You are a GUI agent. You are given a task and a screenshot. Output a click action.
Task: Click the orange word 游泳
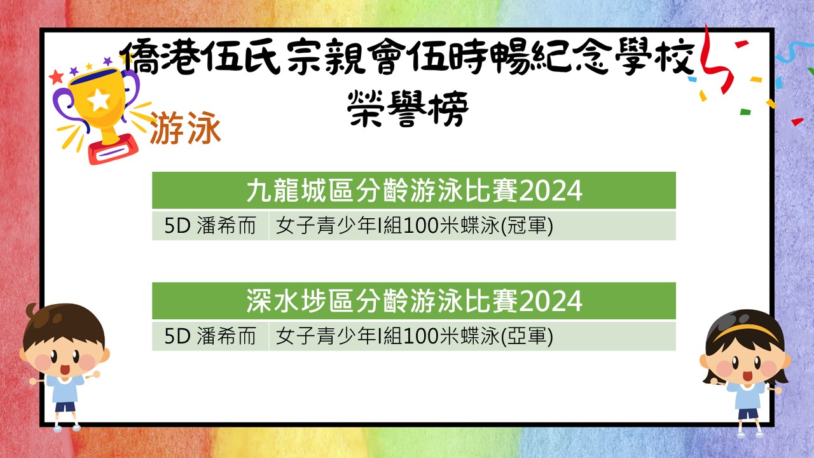(x=185, y=128)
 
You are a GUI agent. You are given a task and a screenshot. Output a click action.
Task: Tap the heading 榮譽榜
(x=408, y=109)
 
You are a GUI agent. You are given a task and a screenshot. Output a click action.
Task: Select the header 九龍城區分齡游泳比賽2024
(x=414, y=190)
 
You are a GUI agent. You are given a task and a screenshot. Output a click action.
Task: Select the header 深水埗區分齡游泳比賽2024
(x=414, y=301)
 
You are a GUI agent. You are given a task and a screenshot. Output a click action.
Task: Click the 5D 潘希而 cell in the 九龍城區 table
(x=210, y=226)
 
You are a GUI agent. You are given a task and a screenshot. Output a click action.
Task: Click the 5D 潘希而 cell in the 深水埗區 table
(x=210, y=337)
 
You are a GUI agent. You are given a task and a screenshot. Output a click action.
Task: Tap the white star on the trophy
(x=99, y=100)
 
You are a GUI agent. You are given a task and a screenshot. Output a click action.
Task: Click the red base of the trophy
(x=113, y=149)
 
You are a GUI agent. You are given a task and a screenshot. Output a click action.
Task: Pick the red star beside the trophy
(x=57, y=77)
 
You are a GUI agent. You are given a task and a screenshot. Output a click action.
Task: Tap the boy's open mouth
(x=65, y=370)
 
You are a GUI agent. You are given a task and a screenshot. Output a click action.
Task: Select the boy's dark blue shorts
(x=65, y=406)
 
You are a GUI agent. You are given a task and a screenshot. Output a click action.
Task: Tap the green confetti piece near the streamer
(x=745, y=111)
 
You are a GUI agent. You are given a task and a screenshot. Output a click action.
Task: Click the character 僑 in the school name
(x=139, y=57)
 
